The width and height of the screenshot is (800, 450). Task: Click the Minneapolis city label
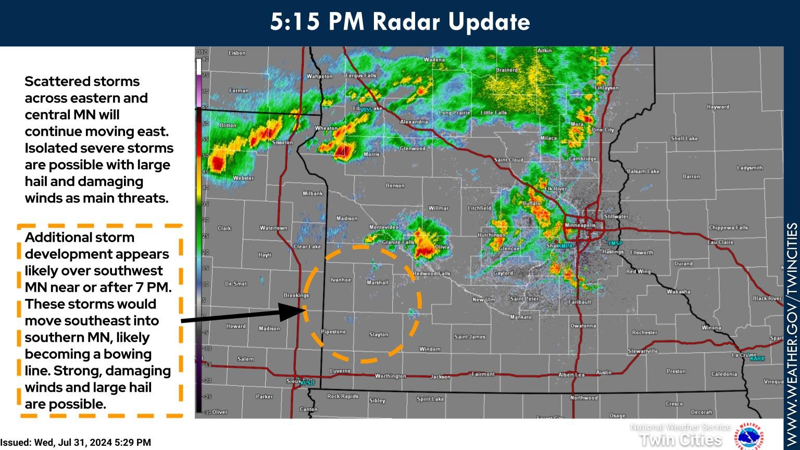[580, 225]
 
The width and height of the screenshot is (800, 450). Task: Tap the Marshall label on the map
[377, 283]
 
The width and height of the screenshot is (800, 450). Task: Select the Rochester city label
[644, 332]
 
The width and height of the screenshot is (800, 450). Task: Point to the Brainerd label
[506, 70]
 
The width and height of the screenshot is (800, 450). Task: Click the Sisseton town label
[282, 142]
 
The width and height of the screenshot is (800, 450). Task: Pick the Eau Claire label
[720, 242]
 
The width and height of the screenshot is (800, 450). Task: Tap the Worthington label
[390, 376]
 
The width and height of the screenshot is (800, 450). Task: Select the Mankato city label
[521, 317]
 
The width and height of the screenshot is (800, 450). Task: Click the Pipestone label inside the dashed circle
[333, 332]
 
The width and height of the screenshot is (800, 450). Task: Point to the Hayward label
[718, 107]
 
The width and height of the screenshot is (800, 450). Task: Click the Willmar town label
[438, 208]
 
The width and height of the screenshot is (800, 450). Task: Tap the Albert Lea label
[572, 374]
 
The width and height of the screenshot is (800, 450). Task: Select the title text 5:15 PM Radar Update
[399, 22]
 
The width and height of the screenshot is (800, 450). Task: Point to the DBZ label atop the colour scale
[202, 52]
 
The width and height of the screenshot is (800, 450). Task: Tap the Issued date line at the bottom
[76, 443]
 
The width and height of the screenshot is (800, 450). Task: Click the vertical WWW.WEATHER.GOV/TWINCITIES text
[792, 333]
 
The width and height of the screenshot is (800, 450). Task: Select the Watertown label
[273, 228]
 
